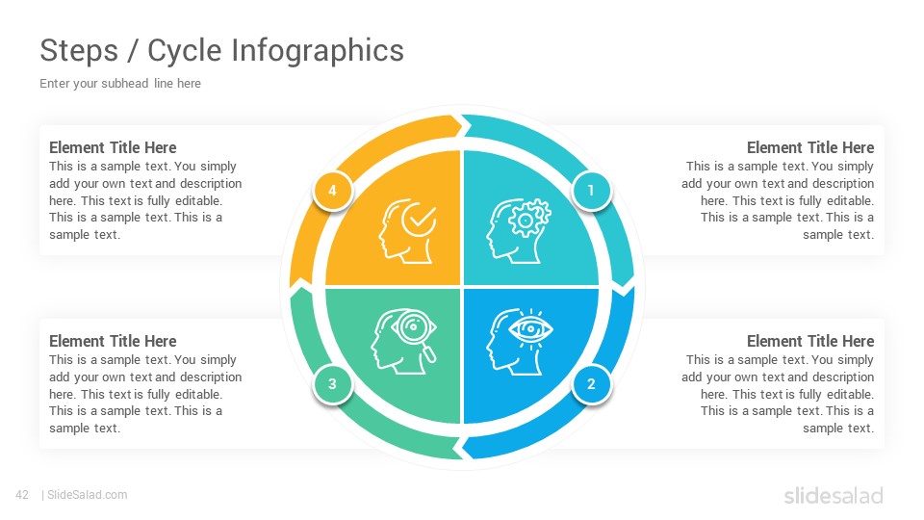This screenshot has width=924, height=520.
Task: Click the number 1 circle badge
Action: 591,191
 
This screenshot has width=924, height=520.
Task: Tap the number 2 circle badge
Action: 591,384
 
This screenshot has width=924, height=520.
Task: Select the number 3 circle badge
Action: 332,384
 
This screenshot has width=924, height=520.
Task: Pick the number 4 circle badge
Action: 332,191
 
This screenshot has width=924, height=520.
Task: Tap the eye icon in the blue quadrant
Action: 531,329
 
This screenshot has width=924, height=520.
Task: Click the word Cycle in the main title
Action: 184,51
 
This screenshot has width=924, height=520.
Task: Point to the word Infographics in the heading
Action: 318,51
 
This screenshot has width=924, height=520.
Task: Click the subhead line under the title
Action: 120,84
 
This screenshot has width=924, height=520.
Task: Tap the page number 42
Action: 22,495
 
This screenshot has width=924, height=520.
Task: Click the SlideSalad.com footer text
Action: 88,495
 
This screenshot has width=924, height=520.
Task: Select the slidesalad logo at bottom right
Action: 834,495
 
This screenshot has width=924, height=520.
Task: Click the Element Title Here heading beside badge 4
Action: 113,147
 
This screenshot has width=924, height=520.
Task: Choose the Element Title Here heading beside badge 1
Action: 810,147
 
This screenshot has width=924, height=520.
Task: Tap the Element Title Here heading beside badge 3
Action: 113,341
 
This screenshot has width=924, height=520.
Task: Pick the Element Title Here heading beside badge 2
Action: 810,341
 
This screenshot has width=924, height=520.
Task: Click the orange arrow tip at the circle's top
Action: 461,125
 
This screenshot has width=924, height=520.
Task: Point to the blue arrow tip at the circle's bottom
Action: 463,448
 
